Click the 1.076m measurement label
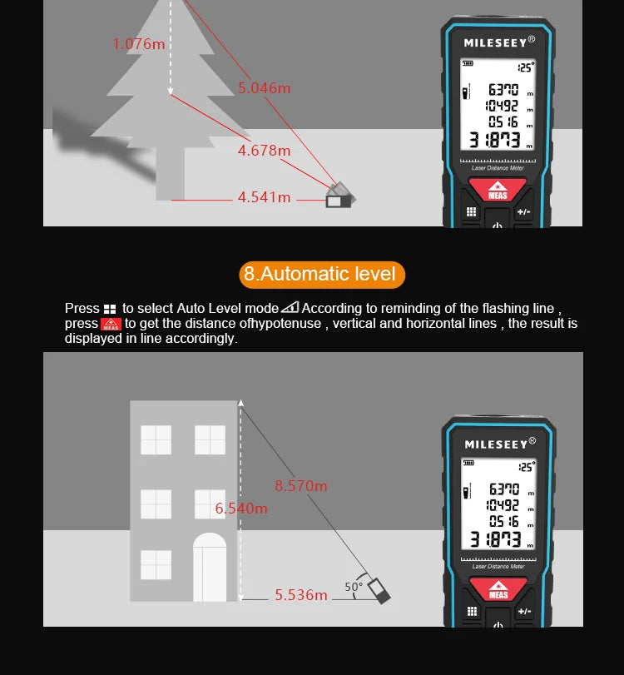tap(139, 44)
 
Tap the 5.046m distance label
tap(265, 88)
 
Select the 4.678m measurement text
tap(264, 151)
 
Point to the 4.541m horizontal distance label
tap(264, 197)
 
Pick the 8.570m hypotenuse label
tap(301, 486)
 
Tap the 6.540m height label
tap(241, 508)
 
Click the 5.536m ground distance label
tap(301, 595)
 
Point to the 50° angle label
tap(353, 587)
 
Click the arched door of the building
tap(210, 568)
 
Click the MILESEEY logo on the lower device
tap(495, 444)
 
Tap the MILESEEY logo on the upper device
tap(495, 42)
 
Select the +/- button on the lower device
tap(523, 612)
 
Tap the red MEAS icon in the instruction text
tap(111, 324)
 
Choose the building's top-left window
tap(156, 440)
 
